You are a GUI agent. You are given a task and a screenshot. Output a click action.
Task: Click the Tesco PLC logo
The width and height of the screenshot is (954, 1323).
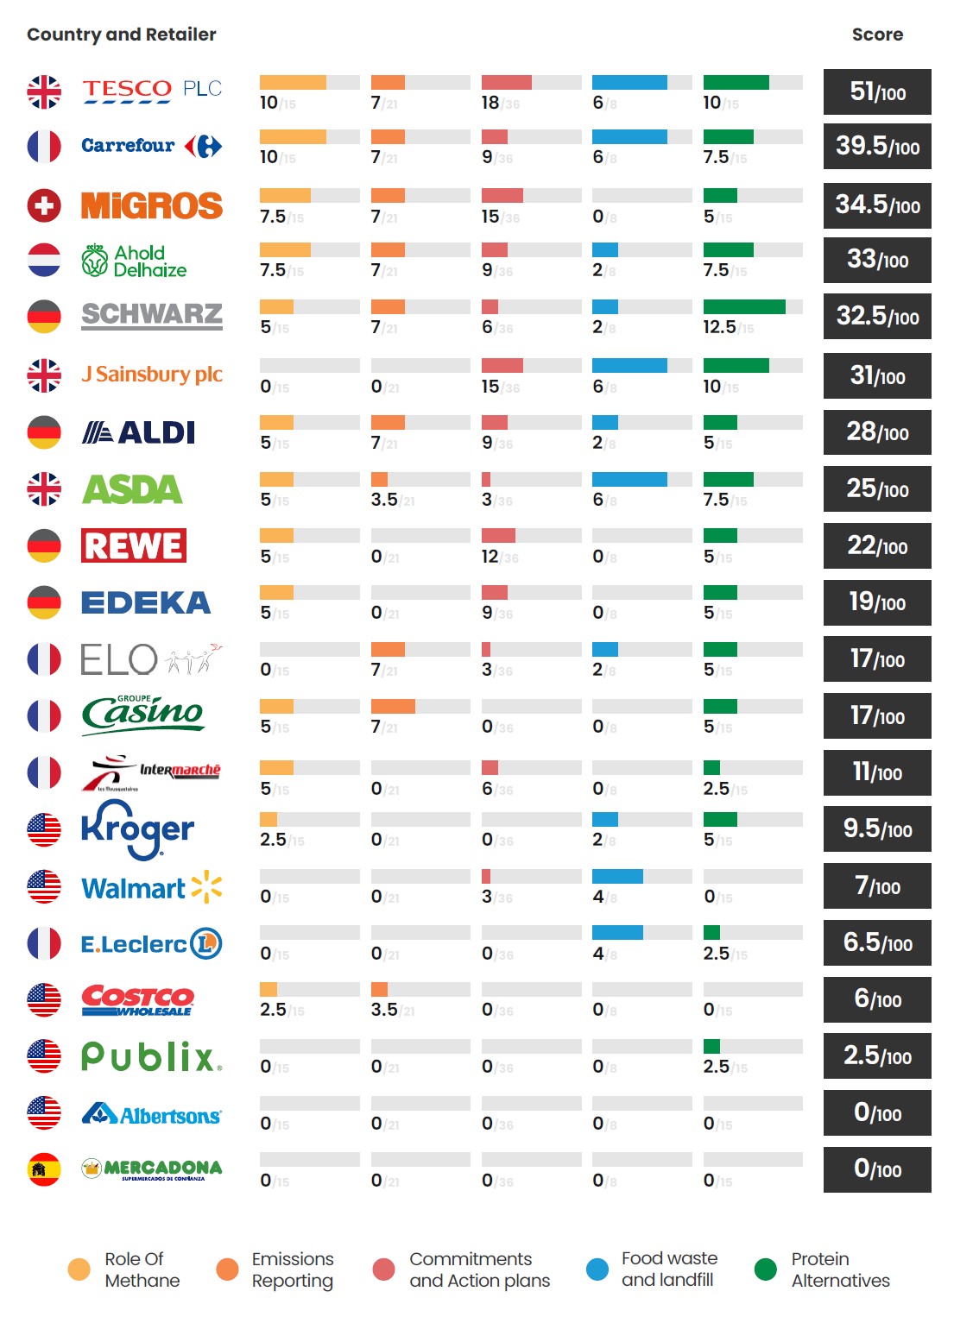coord(152,91)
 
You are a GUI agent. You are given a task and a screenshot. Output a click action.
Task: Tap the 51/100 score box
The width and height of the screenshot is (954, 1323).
coord(877,91)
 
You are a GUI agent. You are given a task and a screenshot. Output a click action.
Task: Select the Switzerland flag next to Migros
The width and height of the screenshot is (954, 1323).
coord(44,205)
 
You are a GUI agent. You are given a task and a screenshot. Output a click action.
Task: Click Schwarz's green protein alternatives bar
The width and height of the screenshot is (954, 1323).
coord(744,306)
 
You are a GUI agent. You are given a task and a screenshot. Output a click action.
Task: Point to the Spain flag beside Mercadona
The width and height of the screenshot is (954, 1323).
coord(44,1169)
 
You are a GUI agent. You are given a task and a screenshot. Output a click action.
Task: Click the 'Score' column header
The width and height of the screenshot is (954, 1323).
coord(877,35)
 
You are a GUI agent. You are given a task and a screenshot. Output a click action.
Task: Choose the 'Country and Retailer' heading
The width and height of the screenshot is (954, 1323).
coord(122,35)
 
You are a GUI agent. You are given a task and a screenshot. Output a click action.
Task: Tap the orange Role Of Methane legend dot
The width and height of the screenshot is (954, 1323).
coord(79,1269)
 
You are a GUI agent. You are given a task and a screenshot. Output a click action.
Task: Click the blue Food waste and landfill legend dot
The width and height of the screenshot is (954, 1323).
coord(597,1269)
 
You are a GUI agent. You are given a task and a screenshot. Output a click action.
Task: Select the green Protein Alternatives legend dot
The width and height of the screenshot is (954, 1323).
coord(765,1269)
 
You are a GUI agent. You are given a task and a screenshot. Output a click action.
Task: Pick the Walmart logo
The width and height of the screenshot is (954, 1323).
coord(152,887)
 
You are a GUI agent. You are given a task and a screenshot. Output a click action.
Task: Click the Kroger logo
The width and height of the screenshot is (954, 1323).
coord(138,829)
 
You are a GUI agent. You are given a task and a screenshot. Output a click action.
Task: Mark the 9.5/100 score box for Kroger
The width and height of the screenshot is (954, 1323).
coord(877,829)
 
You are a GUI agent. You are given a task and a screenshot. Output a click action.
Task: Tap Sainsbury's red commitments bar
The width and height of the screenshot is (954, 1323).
coord(502,366)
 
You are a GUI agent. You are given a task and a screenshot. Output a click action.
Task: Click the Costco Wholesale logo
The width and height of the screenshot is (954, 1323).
coord(138,1000)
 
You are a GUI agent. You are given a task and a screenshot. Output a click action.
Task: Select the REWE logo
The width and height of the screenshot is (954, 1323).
coord(134,545)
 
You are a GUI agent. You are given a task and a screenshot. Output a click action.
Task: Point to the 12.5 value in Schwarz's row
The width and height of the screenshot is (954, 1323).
coord(719,327)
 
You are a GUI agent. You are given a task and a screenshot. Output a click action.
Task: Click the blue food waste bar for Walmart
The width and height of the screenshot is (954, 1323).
coord(617,877)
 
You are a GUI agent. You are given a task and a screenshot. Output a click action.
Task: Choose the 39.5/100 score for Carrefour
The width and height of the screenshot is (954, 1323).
coord(877,147)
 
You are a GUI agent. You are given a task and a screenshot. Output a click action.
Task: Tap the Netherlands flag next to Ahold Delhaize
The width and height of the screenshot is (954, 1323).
coord(44,260)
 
